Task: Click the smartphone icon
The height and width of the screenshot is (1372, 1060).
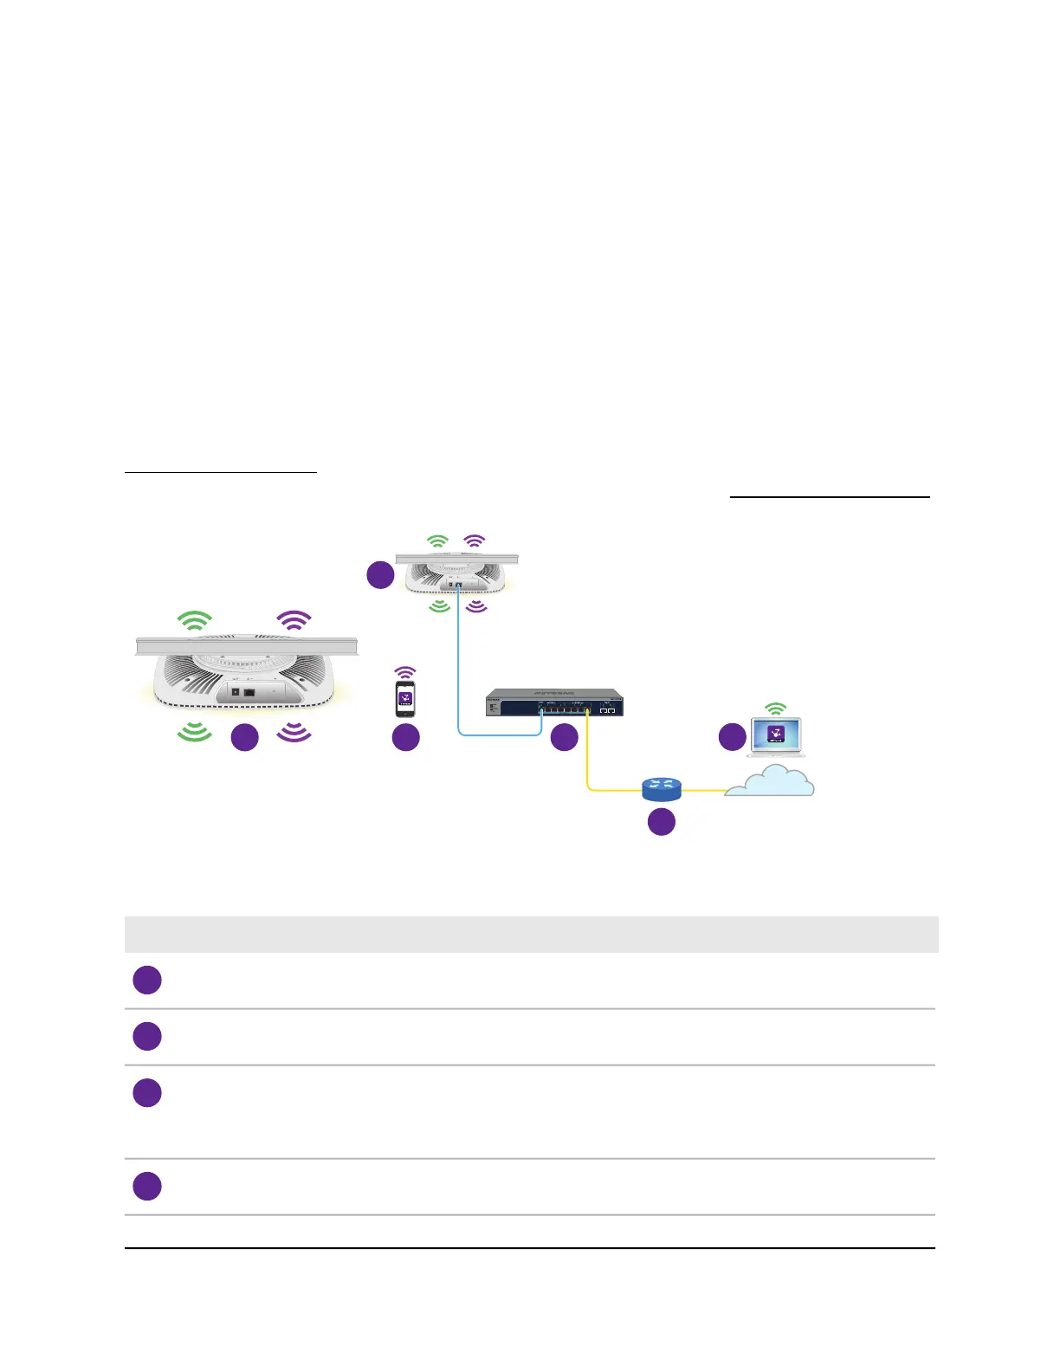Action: click(x=405, y=698)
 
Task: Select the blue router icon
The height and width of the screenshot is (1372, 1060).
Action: click(x=662, y=788)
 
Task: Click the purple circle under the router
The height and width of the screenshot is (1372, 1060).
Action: click(x=662, y=821)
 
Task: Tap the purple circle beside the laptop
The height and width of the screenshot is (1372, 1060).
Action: click(x=733, y=737)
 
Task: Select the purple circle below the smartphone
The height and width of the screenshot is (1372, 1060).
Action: click(x=406, y=737)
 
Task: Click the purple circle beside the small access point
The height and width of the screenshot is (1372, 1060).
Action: click(x=381, y=575)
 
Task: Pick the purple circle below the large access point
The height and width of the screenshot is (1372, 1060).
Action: click(x=245, y=737)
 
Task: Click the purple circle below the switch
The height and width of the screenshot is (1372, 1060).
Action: click(x=565, y=737)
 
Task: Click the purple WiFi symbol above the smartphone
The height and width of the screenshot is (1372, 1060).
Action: click(x=405, y=672)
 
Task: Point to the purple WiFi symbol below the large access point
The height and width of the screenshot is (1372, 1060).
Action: click(x=294, y=732)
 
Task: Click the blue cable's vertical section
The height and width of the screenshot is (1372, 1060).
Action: click(x=458, y=658)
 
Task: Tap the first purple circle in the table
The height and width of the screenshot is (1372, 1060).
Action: click(x=147, y=980)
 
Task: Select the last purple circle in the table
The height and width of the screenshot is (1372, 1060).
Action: click(x=147, y=1186)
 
